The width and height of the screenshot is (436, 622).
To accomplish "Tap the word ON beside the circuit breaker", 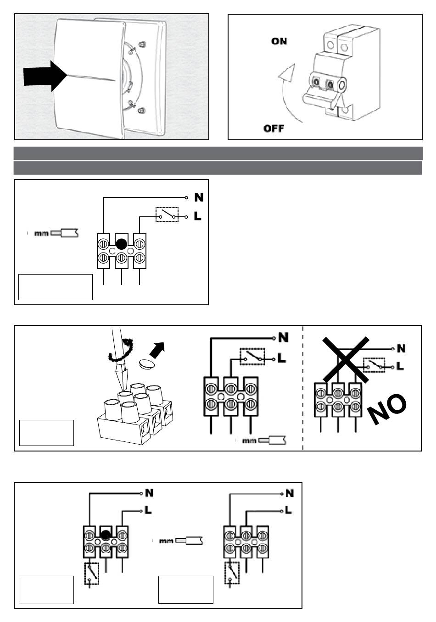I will pos(279,41).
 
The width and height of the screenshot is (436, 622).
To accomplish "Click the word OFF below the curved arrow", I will pos(274,128).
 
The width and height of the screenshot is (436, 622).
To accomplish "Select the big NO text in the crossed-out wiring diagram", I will pos(387,408).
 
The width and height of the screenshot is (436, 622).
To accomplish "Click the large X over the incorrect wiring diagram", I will pos(346,359).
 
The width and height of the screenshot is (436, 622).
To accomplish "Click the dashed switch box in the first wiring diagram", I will pos(167,215).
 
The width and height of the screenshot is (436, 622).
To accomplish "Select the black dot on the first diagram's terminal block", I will pos(121,244).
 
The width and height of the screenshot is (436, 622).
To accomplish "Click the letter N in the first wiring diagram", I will pos(199,198).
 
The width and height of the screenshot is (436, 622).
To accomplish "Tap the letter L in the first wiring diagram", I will pos(198,216).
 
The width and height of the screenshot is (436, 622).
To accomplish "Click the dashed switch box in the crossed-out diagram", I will pos(375,365).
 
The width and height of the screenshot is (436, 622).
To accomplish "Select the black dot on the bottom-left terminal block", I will pos(106,534).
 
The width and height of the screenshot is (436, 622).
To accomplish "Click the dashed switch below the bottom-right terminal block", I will pos(232,573).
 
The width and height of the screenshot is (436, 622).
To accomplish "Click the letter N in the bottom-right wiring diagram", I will pos(290,494).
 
